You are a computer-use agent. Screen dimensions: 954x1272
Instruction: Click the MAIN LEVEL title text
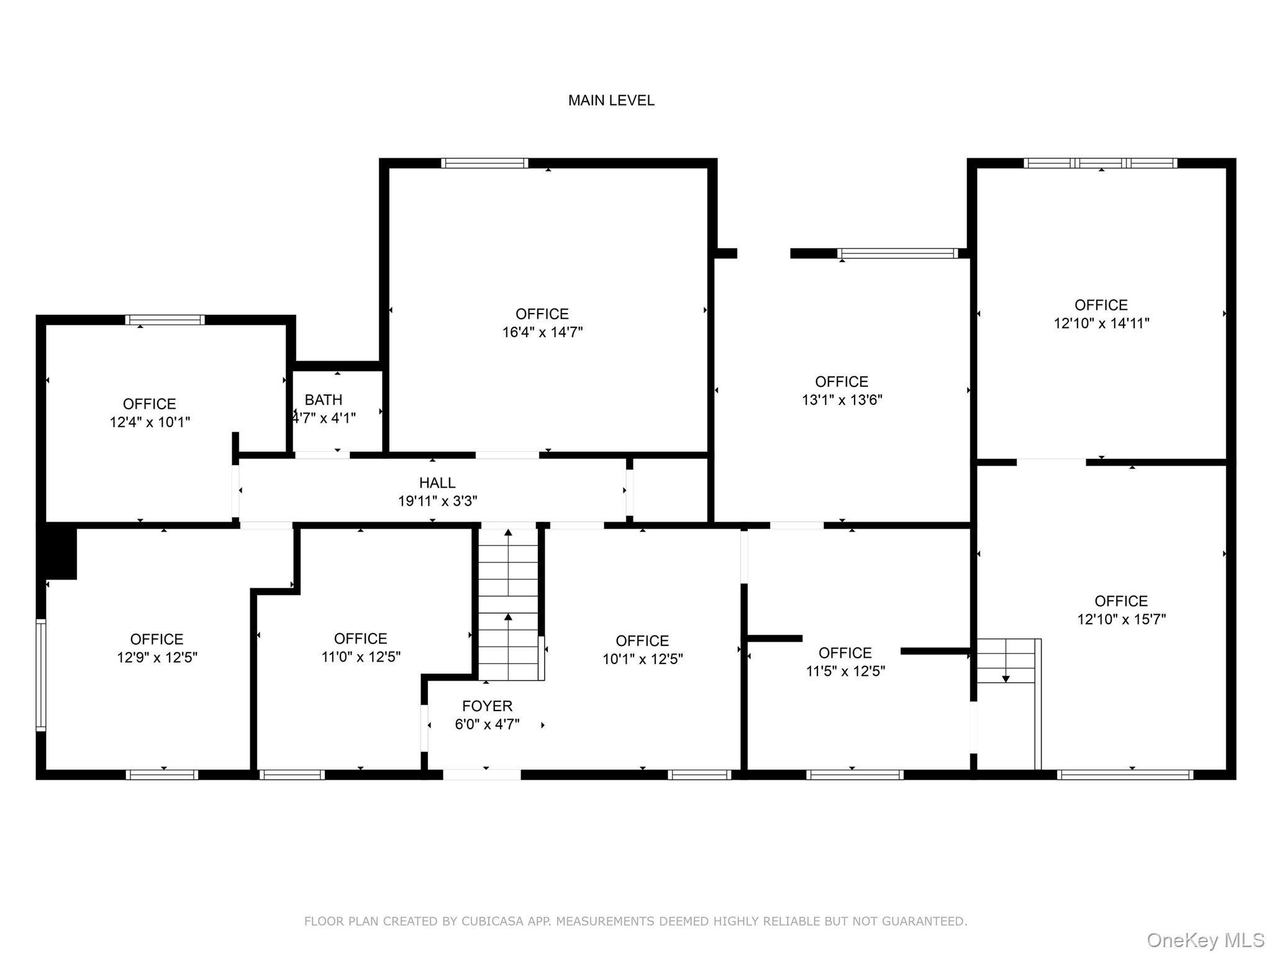(611, 100)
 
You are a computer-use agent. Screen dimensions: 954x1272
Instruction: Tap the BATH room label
(323, 400)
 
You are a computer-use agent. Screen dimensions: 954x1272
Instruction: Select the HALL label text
(437, 483)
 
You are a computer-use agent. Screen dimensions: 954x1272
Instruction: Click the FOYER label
(487, 706)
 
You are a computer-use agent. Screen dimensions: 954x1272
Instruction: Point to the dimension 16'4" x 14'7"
(542, 332)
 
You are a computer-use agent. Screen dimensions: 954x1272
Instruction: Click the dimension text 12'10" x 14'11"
(1101, 324)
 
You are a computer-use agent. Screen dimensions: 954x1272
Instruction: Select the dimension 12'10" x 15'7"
(1121, 619)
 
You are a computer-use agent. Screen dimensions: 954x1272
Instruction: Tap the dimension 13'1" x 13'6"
(842, 400)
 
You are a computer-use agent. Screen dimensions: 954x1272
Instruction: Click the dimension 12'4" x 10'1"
(150, 422)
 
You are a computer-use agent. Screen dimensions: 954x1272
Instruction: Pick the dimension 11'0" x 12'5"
(360, 657)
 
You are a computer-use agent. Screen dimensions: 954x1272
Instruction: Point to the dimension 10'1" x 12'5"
(642, 659)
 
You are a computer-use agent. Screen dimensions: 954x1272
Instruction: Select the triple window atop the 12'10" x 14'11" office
(1100, 163)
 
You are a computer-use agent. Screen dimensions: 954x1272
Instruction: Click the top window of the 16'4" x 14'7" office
(484, 163)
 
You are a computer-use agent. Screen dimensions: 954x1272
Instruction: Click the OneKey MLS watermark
(1205, 940)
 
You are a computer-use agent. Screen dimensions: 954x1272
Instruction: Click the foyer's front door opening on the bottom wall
(481, 775)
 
